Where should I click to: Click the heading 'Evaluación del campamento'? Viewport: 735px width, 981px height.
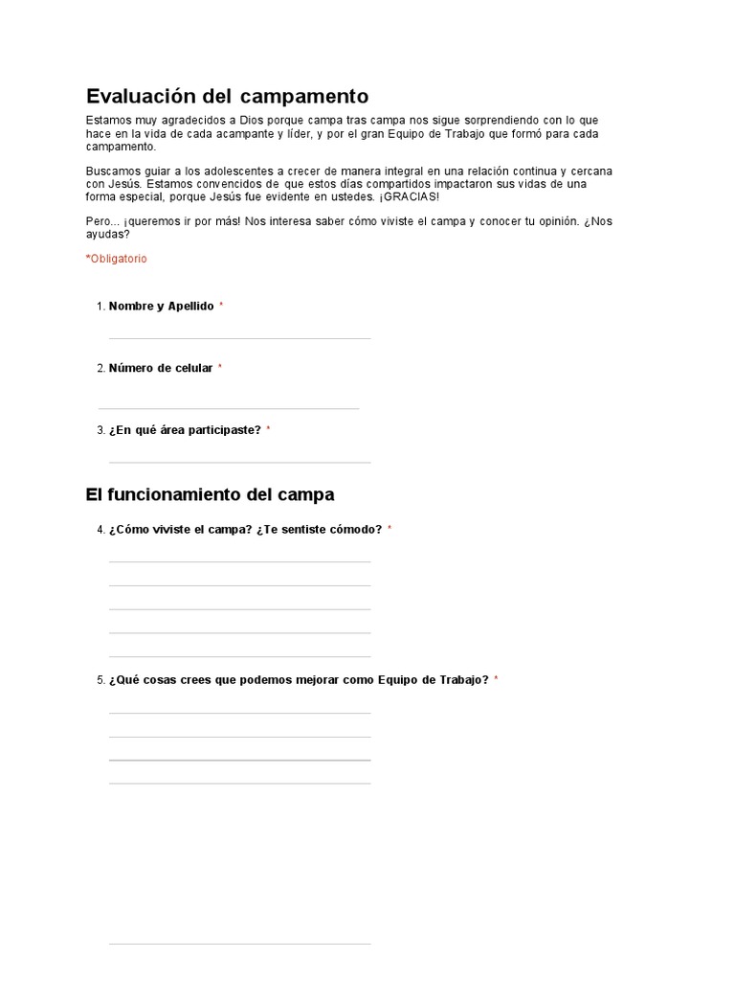tap(227, 96)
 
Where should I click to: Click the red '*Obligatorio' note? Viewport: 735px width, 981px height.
tap(116, 259)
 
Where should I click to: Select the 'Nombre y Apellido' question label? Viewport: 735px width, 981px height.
tap(162, 306)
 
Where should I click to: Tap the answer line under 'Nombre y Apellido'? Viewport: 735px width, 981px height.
tap(239, 337)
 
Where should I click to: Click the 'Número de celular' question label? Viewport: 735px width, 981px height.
tap(161, 368)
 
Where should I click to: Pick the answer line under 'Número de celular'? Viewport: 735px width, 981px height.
tap(229, 408)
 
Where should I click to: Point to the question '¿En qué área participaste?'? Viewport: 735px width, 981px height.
tap(185, 430)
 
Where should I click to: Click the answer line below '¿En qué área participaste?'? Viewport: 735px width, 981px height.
tap(239, 462)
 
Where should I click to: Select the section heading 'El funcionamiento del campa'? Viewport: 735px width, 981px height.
tap(210, 494)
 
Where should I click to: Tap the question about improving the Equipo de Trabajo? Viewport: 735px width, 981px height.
tap(299, 680)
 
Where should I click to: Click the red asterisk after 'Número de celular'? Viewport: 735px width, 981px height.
tap(220, 368)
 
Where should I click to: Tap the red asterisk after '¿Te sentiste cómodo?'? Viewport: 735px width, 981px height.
tap(390, 529)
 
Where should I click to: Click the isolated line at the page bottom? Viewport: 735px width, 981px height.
tap(239, 944)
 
